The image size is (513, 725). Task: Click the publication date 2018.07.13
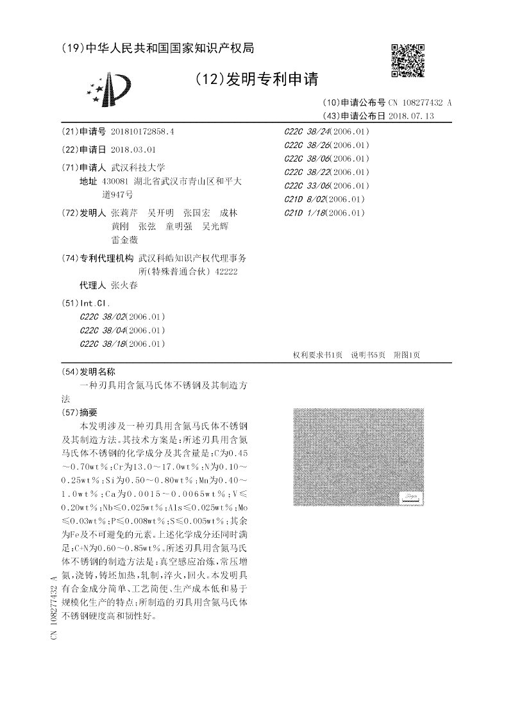coord(410,116)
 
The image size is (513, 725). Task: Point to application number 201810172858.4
coord(142,131)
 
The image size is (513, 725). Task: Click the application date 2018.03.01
coord(133,149)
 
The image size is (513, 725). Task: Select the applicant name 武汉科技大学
coord(138,167)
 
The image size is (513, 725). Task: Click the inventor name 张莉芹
coord(124,213)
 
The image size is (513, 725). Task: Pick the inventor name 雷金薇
coord(124,240)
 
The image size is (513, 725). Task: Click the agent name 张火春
coord(124,285)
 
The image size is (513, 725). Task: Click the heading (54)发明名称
coord(88,371)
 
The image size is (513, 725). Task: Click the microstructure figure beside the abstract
coord(358,456)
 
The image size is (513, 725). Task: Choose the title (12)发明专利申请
coord(256,79)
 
